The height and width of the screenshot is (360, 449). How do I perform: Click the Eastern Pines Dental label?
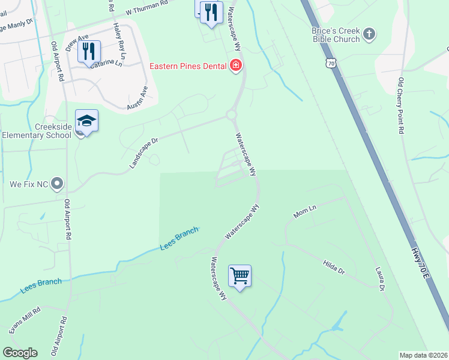[x=187, y=67]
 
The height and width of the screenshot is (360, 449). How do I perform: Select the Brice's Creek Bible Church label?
[x=336, y=35]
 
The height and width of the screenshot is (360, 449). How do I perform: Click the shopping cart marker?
[x=240, y=276]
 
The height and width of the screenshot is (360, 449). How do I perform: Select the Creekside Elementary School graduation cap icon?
[x=86, y=121]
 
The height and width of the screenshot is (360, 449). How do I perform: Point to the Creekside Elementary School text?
[x=36, y=131]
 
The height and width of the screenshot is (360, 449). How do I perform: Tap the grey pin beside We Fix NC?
[x=57, y=182]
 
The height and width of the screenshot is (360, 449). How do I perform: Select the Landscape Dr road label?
[x=143, y=153]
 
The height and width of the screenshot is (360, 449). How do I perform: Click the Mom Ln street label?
[x=304, y=211]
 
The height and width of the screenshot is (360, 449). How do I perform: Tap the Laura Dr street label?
[x=379, y=280]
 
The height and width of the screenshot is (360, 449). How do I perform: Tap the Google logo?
[x=20, y=353]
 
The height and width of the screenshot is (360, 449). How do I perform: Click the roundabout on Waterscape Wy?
[x=232, y=115]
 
